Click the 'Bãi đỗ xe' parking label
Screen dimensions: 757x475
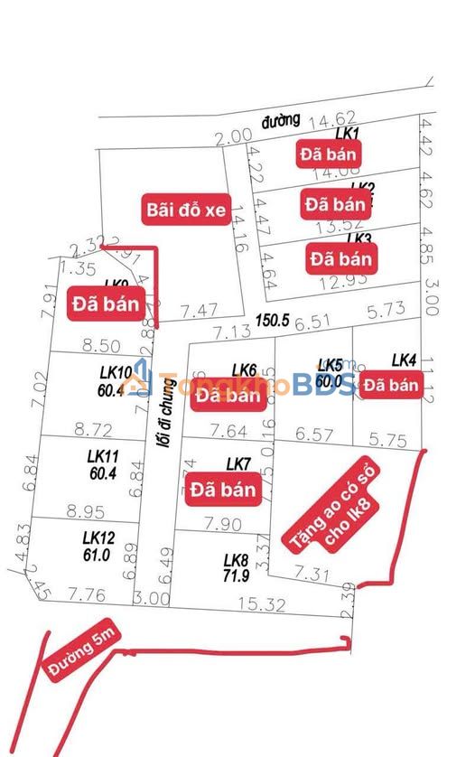click(x=183, y=210)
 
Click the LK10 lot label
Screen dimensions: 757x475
click(x=116, y=372)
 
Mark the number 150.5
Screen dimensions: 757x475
click(x=271, y=320)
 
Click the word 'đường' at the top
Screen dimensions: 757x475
click(x=280, y=121)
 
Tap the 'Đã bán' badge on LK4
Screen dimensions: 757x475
click(x=392, y=385)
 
